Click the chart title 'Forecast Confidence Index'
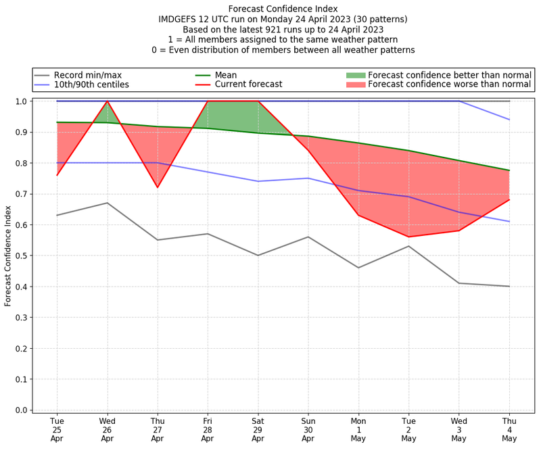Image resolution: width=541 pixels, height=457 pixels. pos(283,9)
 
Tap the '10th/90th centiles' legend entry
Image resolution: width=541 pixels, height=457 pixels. pos(91,85)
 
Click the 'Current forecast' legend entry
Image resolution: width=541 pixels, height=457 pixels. pos(248,85)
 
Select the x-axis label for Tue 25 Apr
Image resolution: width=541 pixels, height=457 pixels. pos(57,429)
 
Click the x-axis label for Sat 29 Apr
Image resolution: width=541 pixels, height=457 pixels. pos(258,429)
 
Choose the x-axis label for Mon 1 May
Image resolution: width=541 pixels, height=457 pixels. pos(358,429)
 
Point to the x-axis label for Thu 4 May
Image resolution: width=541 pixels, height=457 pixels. pos(509,429)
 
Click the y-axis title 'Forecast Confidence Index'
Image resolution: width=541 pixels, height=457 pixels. pos(8,256)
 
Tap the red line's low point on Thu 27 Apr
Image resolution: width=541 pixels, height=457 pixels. pos(158,187)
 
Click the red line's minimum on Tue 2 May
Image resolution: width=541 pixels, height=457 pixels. pos(408,237)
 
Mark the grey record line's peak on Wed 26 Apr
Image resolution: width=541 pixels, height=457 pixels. pos(107,203)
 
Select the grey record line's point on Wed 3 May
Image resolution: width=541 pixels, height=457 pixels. pos(458,283)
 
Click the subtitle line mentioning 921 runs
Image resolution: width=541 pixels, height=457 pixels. pos(283,30)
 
